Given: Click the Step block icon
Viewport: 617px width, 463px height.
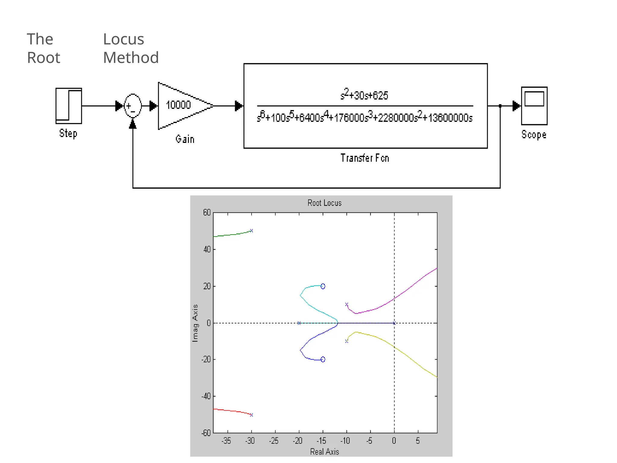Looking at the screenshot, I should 69,106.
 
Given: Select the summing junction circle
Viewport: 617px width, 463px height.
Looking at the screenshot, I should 133,106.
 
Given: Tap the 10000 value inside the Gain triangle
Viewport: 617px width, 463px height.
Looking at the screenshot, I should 178,105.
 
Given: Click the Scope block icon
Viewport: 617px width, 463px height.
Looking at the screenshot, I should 534,106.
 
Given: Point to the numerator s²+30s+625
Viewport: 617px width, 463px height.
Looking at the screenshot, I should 364,95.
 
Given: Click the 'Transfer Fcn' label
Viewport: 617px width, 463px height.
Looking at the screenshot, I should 365,158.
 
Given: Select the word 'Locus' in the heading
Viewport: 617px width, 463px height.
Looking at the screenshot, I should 124,39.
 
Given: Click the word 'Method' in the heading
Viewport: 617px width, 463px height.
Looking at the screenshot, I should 131,58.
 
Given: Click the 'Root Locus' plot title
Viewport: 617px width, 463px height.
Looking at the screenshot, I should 324,203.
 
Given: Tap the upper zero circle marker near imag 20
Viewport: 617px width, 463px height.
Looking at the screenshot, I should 323,286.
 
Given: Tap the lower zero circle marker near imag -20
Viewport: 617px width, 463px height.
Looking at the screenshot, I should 323,359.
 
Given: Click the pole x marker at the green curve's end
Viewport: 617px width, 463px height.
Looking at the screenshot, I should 252,231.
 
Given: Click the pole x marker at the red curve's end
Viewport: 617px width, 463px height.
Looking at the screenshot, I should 252,415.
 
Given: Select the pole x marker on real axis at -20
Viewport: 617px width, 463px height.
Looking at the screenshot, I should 299,323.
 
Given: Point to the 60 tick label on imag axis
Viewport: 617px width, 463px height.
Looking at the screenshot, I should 207,213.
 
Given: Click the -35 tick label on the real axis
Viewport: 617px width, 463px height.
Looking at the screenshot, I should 226,441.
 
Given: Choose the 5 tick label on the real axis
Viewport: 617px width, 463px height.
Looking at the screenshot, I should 418,441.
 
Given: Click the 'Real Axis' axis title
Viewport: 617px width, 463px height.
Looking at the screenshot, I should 324,452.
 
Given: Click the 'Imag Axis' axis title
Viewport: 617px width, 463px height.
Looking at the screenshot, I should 195,323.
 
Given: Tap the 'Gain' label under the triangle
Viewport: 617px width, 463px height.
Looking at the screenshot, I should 185,139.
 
